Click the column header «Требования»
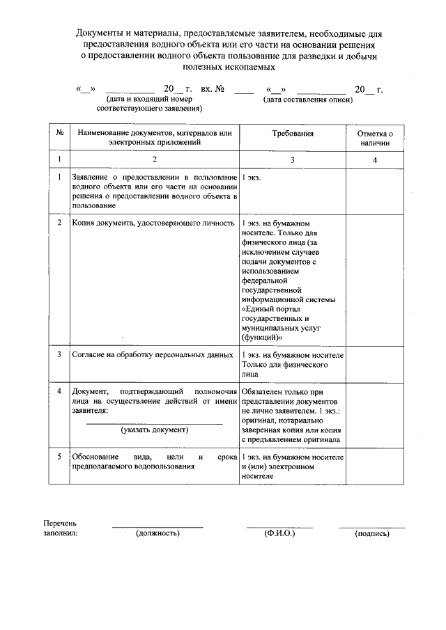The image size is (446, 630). (x=292, y=132)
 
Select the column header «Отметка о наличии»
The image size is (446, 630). (x=375, y=137)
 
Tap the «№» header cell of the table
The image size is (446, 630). (x=61, y=132)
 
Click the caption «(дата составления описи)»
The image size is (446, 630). (x=307, y=100)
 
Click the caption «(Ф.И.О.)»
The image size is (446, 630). (x=279, y=533)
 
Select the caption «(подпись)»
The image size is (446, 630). (x=371, y=533)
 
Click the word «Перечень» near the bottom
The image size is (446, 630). (x=60, y=523)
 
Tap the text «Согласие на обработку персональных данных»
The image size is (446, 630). (x=153, y=354)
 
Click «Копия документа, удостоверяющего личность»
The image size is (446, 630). (x=153, y=223)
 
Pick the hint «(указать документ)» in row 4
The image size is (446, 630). (x=154, y=430)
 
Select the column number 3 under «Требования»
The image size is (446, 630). (x=292, y=160)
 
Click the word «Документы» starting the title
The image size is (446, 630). (x=99, y=33)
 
